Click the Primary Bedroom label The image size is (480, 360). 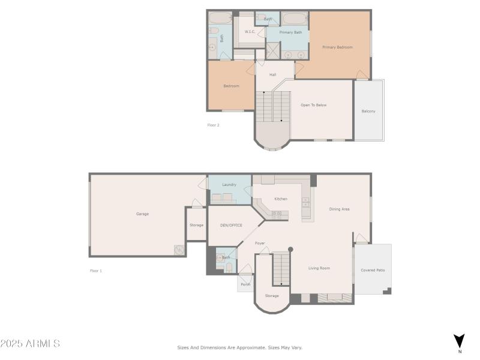point(337,47)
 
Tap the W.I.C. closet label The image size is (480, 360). point(250,32)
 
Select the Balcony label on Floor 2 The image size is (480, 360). point(368,111)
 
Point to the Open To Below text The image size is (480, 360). point(313,105)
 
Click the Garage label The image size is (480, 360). point(142,214)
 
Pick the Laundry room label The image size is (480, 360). point(229,185)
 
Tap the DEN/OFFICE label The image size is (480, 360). point(231,225)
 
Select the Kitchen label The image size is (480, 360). point(281,199)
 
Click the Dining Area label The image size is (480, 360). point(339,209)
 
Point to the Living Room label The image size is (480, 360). point(319,268)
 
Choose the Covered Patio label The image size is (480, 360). point(373,270)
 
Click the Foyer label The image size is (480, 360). point(260,243)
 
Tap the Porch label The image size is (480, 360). point(245,284)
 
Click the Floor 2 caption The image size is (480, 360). point(213,125)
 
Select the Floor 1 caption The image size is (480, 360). point(96,271)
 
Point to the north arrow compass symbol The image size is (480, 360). point(459,341)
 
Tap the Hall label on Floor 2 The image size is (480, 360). point(272,74)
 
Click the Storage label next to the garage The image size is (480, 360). point(196,225)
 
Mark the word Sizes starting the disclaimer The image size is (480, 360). point(183,347)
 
